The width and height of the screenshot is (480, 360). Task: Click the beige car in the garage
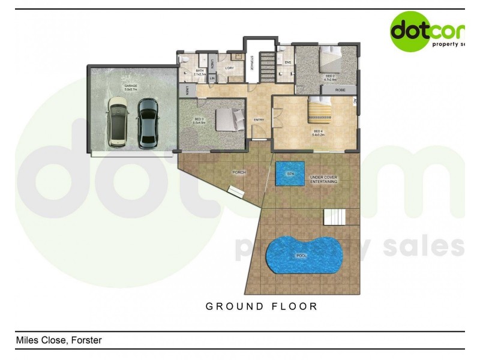(118, 123)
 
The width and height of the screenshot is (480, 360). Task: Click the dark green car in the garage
(147, 123)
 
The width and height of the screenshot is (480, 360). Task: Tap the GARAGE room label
(131, 86)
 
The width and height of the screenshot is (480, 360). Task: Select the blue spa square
(290, 173)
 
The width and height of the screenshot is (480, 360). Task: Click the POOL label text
(302, 256)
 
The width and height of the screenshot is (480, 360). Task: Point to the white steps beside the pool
(335, 216)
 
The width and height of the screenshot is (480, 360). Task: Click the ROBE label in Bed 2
(340, 89)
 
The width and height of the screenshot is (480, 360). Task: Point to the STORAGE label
(253, 63)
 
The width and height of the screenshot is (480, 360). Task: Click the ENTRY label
(259, 119)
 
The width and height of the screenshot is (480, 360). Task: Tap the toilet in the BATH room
(185, 59)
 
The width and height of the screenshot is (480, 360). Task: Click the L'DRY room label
(229, 68)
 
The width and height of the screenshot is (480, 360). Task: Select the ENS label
(288, 62)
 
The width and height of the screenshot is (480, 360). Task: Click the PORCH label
(239, 172)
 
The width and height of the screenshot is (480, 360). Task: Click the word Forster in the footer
(86, 340)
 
